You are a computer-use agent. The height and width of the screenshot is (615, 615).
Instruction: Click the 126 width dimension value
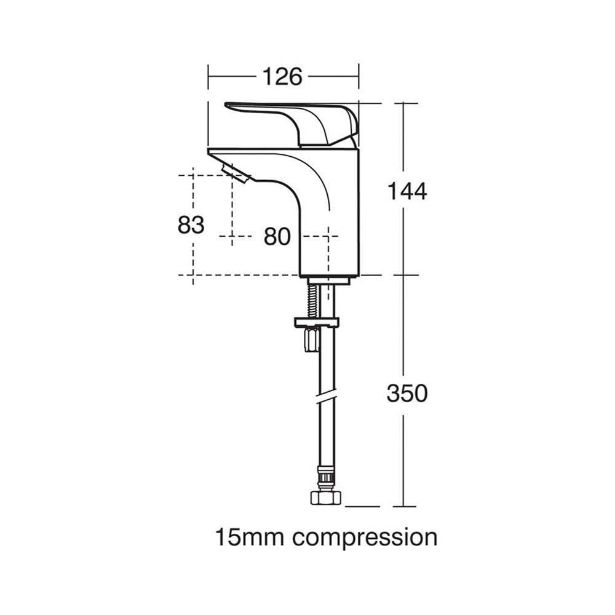click(282, 76)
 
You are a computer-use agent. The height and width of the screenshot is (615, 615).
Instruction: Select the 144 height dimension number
click(407, 191)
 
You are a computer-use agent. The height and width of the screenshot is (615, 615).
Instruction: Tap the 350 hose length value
click(407, 393)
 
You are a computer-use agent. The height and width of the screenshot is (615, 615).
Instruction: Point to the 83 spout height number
click(191, 224)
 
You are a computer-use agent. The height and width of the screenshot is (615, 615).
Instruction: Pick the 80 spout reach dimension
click(277, 237)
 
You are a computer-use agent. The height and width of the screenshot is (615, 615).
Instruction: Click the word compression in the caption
click(365, 538)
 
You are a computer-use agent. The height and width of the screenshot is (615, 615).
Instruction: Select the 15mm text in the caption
click(250, 537)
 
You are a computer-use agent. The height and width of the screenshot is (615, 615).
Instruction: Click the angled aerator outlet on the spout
click(236, 173)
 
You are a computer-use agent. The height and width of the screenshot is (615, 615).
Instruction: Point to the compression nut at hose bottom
click(326, 498)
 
